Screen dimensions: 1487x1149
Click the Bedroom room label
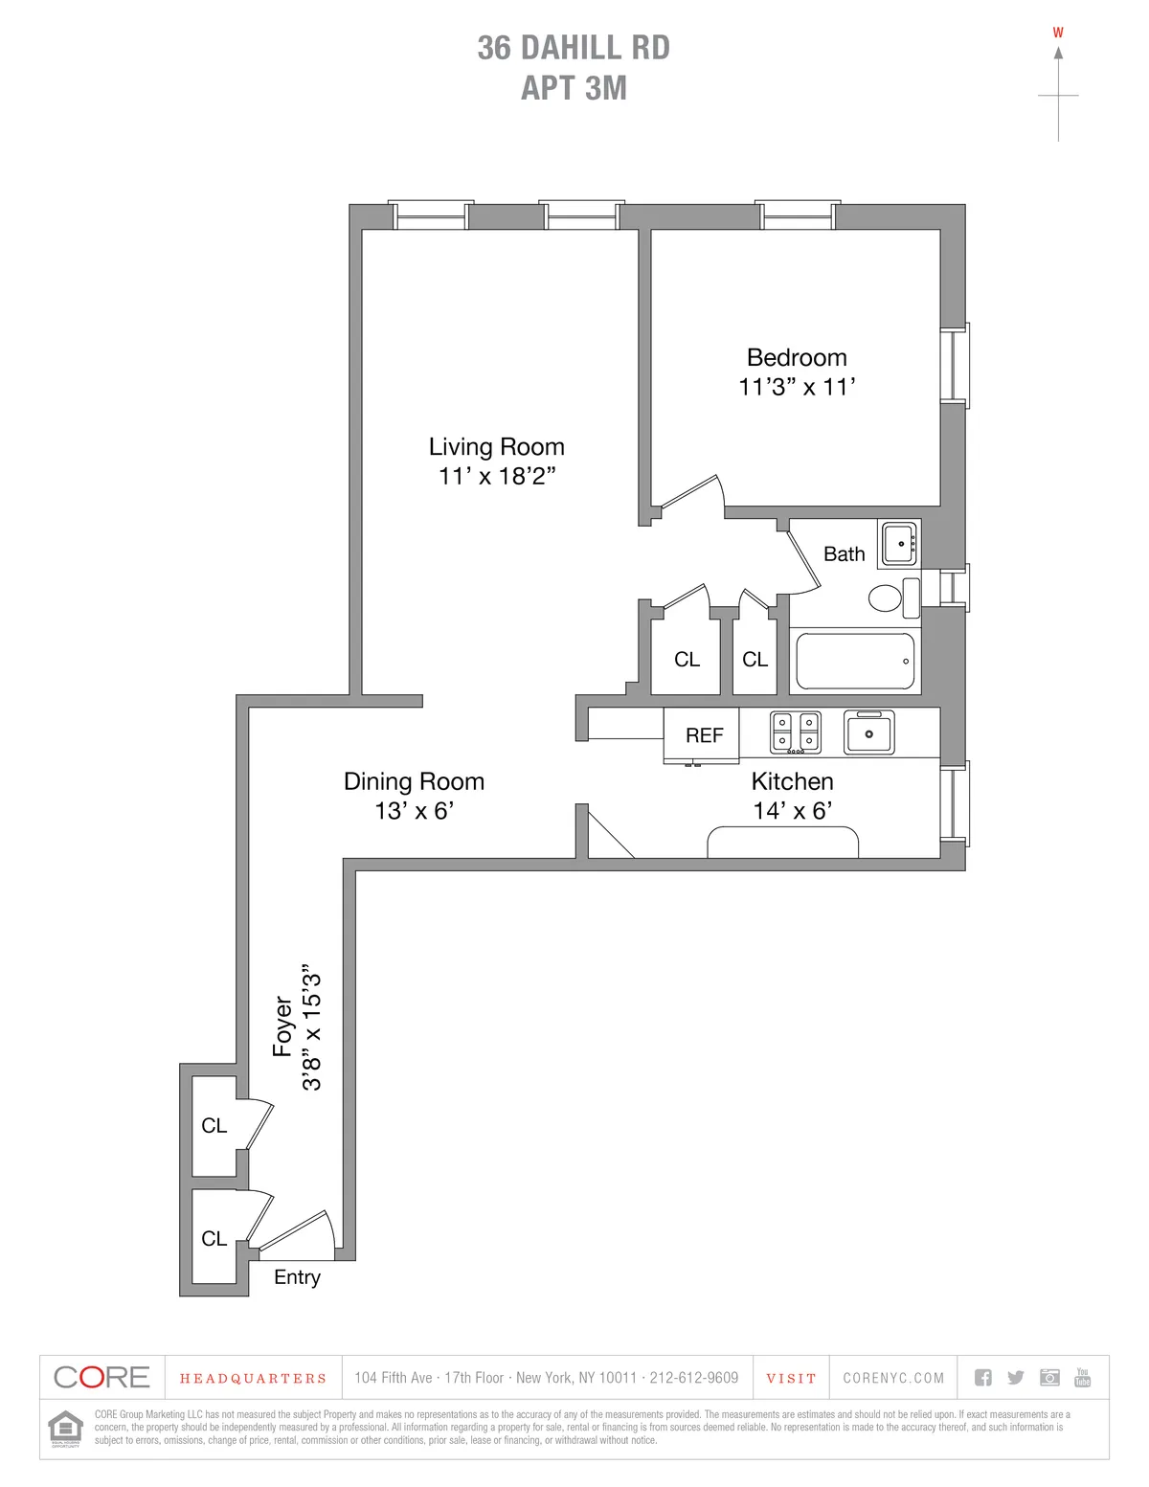(797, 358)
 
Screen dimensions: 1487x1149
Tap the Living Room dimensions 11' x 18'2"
(497, 476)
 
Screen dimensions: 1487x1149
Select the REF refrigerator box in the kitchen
(703, 735)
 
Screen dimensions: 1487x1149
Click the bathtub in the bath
(855, 661)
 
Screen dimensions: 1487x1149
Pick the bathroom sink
(899, 543)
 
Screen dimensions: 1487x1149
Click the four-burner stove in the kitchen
(796, 732)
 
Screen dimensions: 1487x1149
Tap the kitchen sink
(868, 732)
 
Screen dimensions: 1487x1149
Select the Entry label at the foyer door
(297, 1277)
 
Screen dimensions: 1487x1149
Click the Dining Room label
(414, 781)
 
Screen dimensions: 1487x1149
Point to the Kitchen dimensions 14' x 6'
(792, 811)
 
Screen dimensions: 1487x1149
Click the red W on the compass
(1058, 33)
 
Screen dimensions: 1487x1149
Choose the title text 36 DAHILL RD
(574, 48)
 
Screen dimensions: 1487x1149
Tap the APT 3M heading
(574, 88)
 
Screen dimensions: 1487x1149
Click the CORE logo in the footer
(101, 1378)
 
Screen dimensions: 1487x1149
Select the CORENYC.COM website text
(893, 1379)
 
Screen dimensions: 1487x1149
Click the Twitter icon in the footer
(1016, 1378)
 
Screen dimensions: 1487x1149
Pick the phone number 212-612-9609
(694, 1379)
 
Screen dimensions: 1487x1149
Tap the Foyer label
(282, 1026)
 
